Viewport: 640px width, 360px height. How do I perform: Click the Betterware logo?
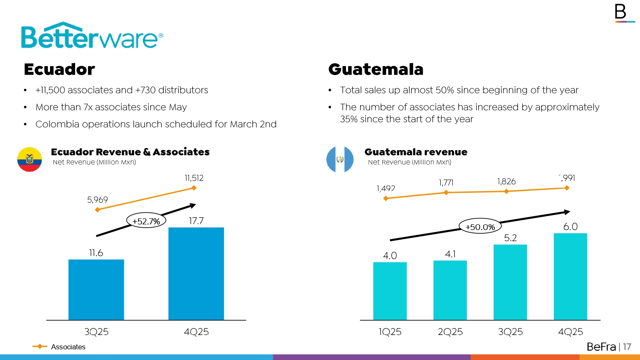point(92,36)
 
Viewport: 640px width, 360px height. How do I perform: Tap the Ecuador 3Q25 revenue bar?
point(96,290)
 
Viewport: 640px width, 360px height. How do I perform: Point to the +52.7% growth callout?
point(146,221)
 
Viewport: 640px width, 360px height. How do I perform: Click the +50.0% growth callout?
point(480,227)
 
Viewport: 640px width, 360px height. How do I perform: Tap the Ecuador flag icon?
point(29,160)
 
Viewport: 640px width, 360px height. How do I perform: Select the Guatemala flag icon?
point(340,160)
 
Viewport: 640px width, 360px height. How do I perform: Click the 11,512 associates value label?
point(194,178)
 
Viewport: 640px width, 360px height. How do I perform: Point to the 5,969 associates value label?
point(97,200)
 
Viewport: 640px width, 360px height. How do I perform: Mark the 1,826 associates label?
point(506,182)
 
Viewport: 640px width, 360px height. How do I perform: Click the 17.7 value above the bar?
point(196,221)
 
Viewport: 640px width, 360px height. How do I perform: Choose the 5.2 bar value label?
point(510,238)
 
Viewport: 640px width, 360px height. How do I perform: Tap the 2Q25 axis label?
point(450,332)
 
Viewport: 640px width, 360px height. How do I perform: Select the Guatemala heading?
point(375,69)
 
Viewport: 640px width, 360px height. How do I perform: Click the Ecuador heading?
point(59,69)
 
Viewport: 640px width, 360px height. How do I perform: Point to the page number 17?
point(627,347)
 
